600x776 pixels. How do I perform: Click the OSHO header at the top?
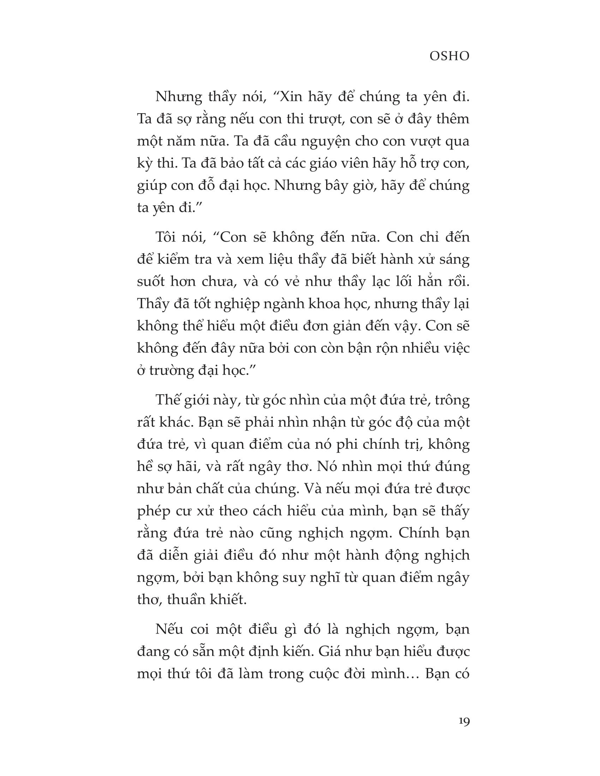449,56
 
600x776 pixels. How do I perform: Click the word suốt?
151,282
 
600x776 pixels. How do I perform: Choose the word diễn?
173,555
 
